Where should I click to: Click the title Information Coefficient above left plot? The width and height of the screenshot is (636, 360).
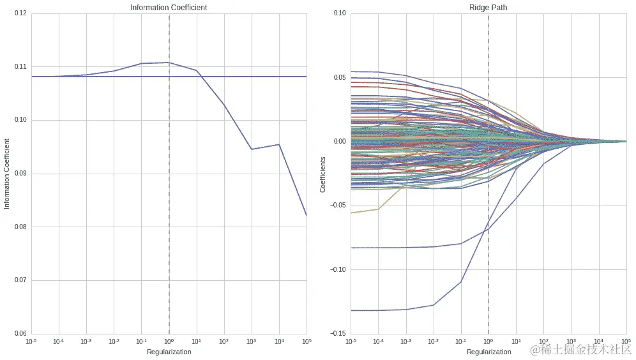point(169,8)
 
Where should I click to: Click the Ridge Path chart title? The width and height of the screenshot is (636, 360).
point(488,8)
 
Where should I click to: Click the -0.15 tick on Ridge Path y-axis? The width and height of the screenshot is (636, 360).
point(337,333)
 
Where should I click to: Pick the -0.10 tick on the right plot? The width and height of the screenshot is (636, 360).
point(337,269)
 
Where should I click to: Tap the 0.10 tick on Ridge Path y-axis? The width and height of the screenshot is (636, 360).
point(338,13)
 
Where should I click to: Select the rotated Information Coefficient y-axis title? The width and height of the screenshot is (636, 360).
point(7,174)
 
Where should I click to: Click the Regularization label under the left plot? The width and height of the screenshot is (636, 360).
point(169,352)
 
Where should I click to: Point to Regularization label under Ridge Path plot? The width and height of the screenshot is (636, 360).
point(488,352)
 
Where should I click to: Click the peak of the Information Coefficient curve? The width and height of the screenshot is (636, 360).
point(169,63)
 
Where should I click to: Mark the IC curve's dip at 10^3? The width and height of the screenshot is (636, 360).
point(252,149)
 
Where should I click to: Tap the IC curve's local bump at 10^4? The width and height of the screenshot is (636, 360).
point(279,144)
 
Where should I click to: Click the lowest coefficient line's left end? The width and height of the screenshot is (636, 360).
point(352,310)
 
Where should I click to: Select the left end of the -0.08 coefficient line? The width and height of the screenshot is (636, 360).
point(352,248)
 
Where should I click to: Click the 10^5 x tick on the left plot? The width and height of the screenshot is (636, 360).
point(305,341)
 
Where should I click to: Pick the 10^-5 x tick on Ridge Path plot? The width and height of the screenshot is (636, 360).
point(351,341)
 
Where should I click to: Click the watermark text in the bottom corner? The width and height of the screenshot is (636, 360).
point(579,349)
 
